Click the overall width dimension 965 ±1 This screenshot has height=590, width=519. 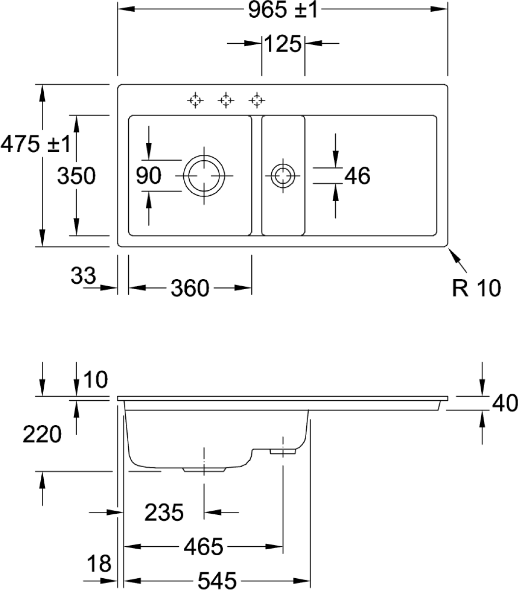[283, 10]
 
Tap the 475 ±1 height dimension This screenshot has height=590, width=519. [33, 144]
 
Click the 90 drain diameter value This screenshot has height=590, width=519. [149, 176]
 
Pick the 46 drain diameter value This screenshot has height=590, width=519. [357, 176]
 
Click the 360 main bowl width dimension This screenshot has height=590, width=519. [190, 288]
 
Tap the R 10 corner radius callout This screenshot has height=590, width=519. [476, 288]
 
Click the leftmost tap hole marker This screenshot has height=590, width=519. [196, 101]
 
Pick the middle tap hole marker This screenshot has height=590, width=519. [225, 101]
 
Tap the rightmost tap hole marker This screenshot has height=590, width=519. [255, 101]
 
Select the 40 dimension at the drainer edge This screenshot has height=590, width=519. [504, 404]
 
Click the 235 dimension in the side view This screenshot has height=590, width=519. [164, 513]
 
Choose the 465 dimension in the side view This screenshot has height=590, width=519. [203, 546]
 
